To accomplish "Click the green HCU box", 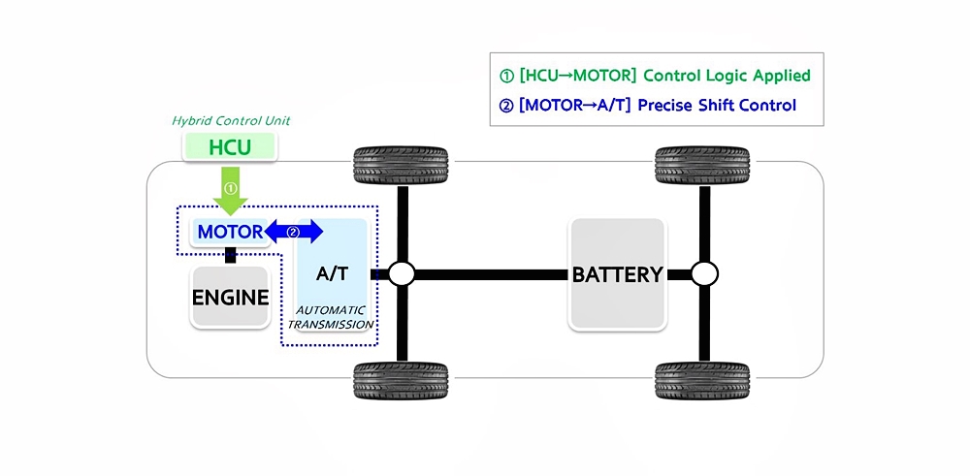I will (230, 148).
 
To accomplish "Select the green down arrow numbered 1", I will (230, 190).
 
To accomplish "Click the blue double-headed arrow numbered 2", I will (294, 232).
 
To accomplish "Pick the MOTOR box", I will (230, 232).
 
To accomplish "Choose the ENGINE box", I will (230, 297).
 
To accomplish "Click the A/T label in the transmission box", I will (333, 274).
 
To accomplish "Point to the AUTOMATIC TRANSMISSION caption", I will (332, 316).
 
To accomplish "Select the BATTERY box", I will (617, 274).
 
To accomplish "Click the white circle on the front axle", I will (402, 274).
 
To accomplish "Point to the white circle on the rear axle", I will (705, 274).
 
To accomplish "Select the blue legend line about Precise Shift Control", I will (647, 105).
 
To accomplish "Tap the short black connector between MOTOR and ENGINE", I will (231, 255).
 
